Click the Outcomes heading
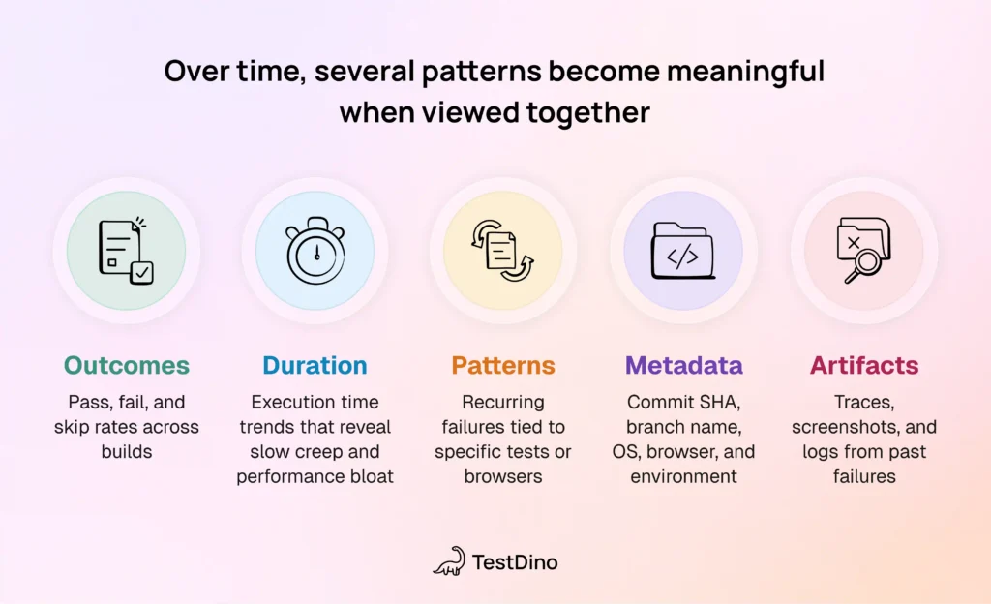tap(127, 366)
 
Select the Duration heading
tap(315, 366)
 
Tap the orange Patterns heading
tap(502, 366)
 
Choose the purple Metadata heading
tap(683, 366)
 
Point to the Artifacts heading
tap(864, 366)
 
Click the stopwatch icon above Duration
tap(315, 251)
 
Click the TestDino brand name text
tap(515, 561)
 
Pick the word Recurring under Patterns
tap(502, 402)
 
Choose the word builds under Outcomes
tap(127, 452)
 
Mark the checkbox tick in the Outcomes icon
tap(142, 274)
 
